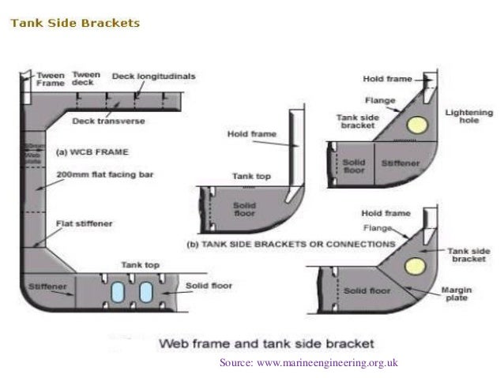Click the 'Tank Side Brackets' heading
74,23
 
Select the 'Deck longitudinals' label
155,77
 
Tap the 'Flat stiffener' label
82,223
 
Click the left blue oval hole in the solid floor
118,291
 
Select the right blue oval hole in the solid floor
147,291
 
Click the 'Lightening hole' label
468,117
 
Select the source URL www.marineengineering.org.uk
309,362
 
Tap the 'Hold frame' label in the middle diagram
251,135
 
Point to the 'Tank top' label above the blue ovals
139,264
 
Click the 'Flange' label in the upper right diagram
374,100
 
